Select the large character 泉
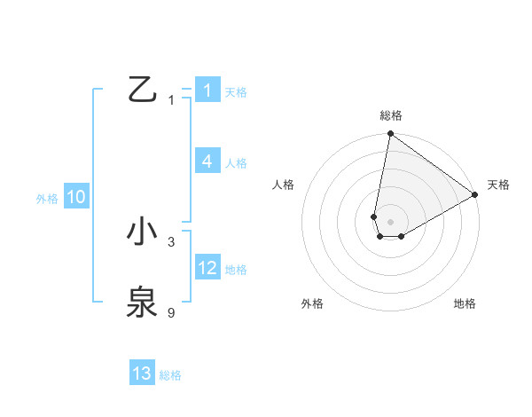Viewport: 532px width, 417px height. [x=142, y=302]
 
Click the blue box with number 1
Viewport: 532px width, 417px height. [x=207, y=90]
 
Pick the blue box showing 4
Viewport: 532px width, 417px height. [x=207, y=161]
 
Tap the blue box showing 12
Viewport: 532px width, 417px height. [x=207, y=268]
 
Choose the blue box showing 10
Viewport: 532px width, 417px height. [x=76, y=198]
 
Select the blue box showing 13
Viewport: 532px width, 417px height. [x=142, y=374]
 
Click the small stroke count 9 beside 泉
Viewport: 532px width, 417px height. [x=171, y=312]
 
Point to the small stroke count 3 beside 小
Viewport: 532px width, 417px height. [x=171, y=241]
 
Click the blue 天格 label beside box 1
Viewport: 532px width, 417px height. [x=236, y=92]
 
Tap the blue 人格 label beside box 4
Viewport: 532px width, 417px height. [x=236, y=163]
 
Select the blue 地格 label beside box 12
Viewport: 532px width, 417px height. [x=236, y=270]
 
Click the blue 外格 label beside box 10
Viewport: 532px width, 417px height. [x=47, y=200]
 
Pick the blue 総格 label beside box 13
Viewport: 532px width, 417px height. [x=170, y=375]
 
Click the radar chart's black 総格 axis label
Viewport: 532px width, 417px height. [x=390, y=115]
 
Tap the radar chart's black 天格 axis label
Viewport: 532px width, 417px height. [x=498, y=185]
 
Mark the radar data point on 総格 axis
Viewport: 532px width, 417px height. [x=390, y=134]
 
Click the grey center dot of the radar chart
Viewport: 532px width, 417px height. [x=390, y=220]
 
